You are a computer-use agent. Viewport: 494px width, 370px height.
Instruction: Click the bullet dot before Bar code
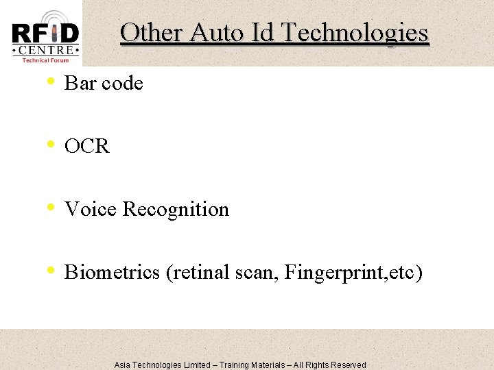pyautogui.click(x=51, y=82)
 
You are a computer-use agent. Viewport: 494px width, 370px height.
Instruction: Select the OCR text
pyautogui.click(x=86, y=147)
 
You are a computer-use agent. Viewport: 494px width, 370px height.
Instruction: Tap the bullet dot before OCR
pyautogui.click(x=51, y=145)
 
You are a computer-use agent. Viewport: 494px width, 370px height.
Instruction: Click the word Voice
pyautogui.click(x=91, y=209)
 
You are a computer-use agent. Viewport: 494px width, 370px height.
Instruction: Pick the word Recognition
pyautogui.click(x=176, y=209)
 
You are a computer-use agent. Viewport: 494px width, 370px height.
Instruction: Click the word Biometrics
pyautogui.click(x=113, y=273)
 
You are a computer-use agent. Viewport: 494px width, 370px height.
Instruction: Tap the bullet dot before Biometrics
pyautogui.click(x=51, y=271)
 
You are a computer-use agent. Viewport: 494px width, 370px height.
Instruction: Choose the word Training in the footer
pyautogui.click(x=235, y=365)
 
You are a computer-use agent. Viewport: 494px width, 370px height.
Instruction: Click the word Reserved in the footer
pyautogui.click(x=349, y=365)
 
